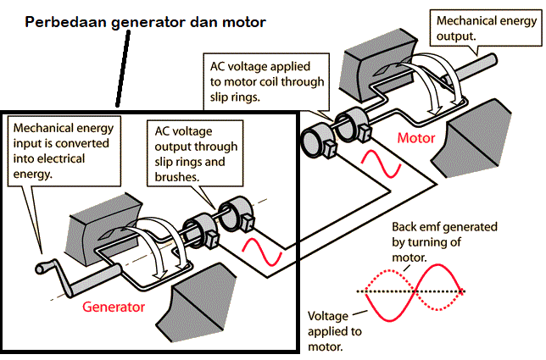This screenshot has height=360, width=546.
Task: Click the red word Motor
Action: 416,137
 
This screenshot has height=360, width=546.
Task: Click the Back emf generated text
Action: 444,241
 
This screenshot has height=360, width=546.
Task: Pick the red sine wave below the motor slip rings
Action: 381,163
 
